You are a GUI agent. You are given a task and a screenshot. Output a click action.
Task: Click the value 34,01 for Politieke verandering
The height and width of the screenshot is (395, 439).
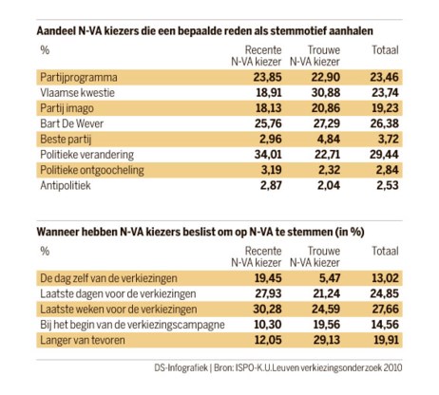point(268,155)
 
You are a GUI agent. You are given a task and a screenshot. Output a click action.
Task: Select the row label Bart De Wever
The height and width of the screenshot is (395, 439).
point(72,123)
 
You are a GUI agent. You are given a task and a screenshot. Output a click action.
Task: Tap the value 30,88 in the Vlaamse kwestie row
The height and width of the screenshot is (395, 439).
point(326,93)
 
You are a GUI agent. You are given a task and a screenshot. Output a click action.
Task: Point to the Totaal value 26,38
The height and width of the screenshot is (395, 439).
point(385,123)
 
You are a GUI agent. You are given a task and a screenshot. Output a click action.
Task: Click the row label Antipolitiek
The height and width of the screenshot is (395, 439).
point(66,185)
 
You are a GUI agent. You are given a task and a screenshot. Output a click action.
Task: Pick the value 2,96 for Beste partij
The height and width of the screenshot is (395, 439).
point(271,139)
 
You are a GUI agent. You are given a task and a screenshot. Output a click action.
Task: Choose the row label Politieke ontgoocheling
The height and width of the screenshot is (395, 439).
point(92,170)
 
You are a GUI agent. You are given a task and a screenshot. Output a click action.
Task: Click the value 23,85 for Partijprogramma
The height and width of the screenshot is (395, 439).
point(267,77)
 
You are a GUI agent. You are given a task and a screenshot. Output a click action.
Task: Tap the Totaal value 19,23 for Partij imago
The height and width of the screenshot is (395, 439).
point(385,108)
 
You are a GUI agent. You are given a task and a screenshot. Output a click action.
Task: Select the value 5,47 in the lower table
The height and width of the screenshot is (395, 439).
point(330,278)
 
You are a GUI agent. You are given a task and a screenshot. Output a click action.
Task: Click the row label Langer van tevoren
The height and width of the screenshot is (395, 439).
point(83,340)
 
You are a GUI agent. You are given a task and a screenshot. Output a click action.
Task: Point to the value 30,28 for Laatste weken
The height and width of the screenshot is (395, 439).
point(267,310)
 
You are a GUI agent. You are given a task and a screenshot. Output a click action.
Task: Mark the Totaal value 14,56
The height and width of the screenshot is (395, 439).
point(385,325)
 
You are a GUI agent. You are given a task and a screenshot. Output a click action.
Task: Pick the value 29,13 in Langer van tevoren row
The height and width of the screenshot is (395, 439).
point(326,340)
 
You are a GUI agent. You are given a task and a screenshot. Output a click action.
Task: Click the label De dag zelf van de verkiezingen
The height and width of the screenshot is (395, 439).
point(108,278)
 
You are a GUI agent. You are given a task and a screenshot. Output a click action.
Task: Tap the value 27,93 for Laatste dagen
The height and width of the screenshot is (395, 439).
point(268,293)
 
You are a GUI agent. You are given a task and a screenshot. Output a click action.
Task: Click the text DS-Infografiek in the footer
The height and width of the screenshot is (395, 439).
point(181,368)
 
